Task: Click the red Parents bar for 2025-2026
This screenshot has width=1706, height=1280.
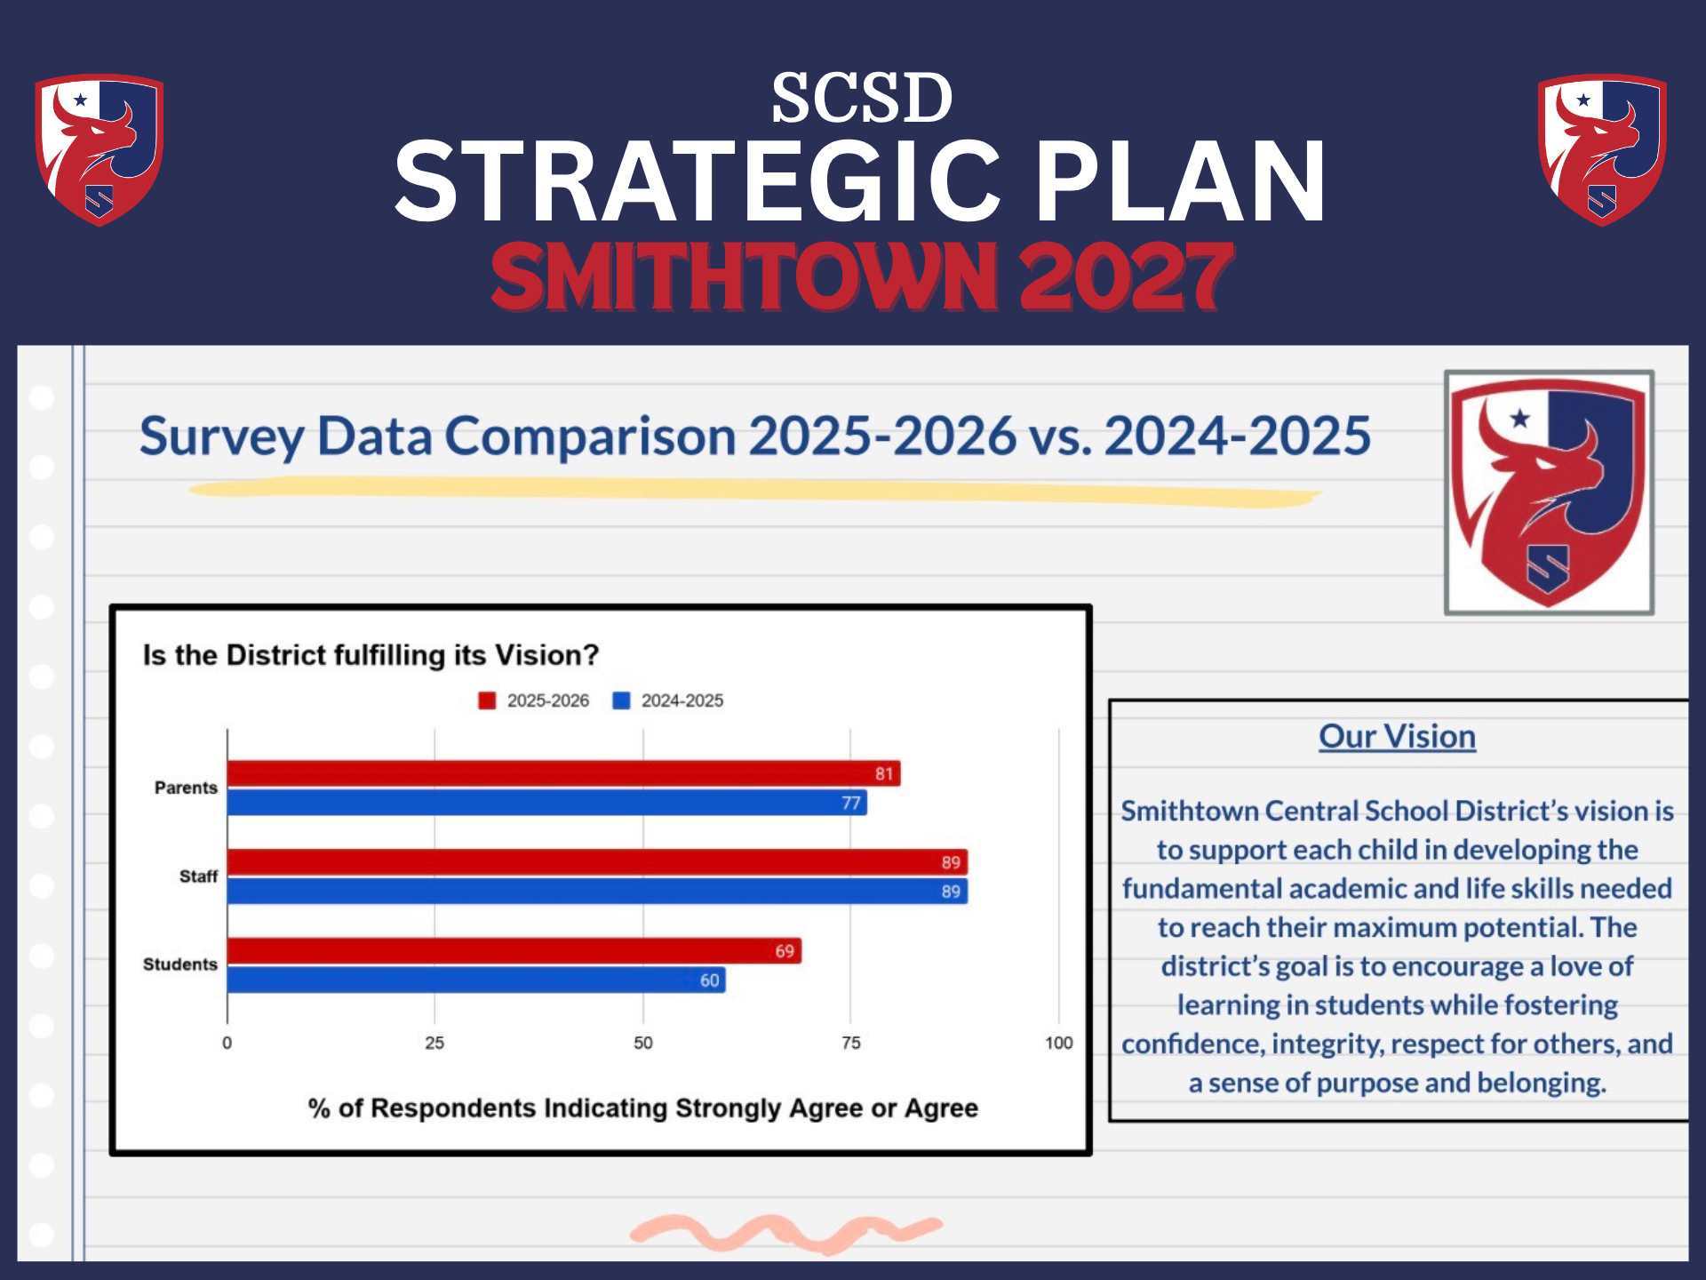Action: click(563, 773)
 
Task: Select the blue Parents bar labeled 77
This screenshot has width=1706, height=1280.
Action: click(546, 803)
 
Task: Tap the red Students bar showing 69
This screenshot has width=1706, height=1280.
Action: click(514, 950)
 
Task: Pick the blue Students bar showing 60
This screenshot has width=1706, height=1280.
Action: click(475, 980)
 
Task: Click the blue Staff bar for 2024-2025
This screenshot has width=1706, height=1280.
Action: click(597, 891)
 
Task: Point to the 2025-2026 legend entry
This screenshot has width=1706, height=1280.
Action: click(535, 700)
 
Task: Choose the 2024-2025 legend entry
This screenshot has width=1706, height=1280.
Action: click(669, 700)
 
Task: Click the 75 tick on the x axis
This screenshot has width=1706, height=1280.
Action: click(850, 1043)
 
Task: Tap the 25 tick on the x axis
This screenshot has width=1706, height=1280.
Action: click(434, 1043)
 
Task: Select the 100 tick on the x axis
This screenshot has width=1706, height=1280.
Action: click(1058, 1043)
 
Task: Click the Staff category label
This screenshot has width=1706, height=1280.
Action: click(198, 876)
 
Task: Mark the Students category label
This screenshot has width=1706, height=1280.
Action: click(180, 964)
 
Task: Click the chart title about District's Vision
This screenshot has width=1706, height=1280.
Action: click(371, 655)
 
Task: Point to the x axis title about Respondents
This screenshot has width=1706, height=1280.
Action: click(642, 1108)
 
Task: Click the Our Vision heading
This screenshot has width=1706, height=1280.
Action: click(1397, 736)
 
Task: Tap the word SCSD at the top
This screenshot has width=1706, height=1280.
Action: click(861, 98)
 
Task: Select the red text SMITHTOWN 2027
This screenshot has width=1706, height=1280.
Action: click(861, 277)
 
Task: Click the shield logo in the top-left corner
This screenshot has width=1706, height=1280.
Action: click(99, 149)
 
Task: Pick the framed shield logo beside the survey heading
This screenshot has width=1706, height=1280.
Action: click(1549, 492)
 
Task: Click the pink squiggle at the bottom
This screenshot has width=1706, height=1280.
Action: click(785, 1231)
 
